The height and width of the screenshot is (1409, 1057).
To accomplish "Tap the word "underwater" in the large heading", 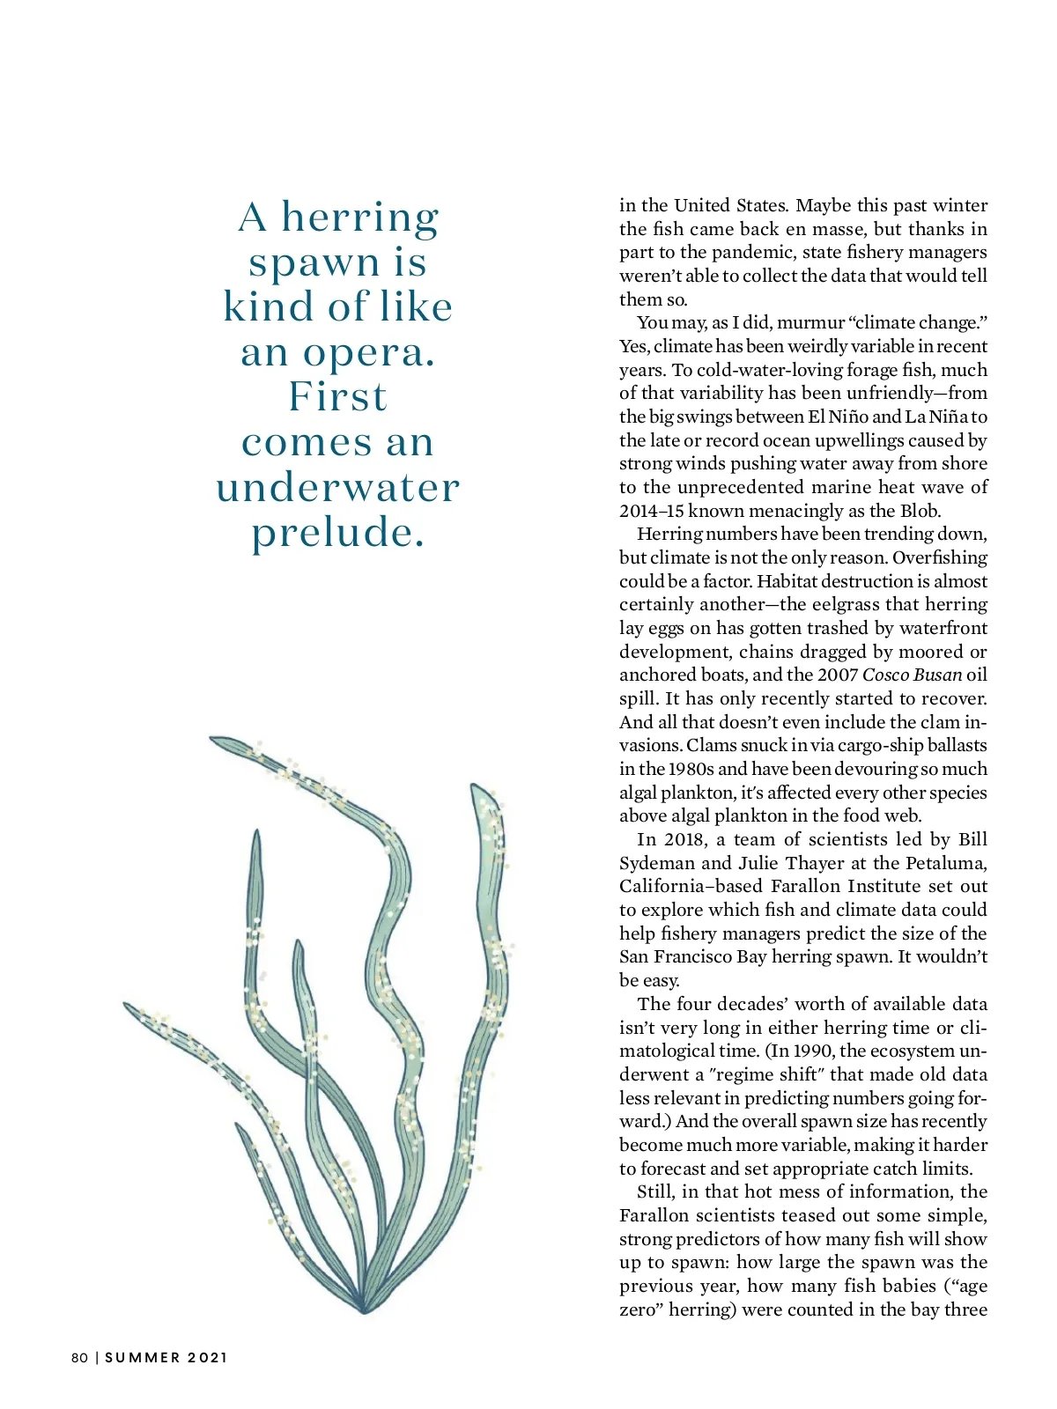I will [x=338, y=487].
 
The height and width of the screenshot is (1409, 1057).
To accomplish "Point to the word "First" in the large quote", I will [x=338, y=397].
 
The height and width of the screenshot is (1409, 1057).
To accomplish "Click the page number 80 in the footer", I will [x=79, y=1358].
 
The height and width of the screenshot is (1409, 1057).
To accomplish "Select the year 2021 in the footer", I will [x=208, y=1358].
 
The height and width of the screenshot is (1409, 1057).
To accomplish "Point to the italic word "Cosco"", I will [x=884, y=675].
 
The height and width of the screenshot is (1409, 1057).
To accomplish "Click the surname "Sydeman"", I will [x=656, y=863].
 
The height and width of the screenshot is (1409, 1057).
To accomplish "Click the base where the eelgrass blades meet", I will [x=363, y=1308].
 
